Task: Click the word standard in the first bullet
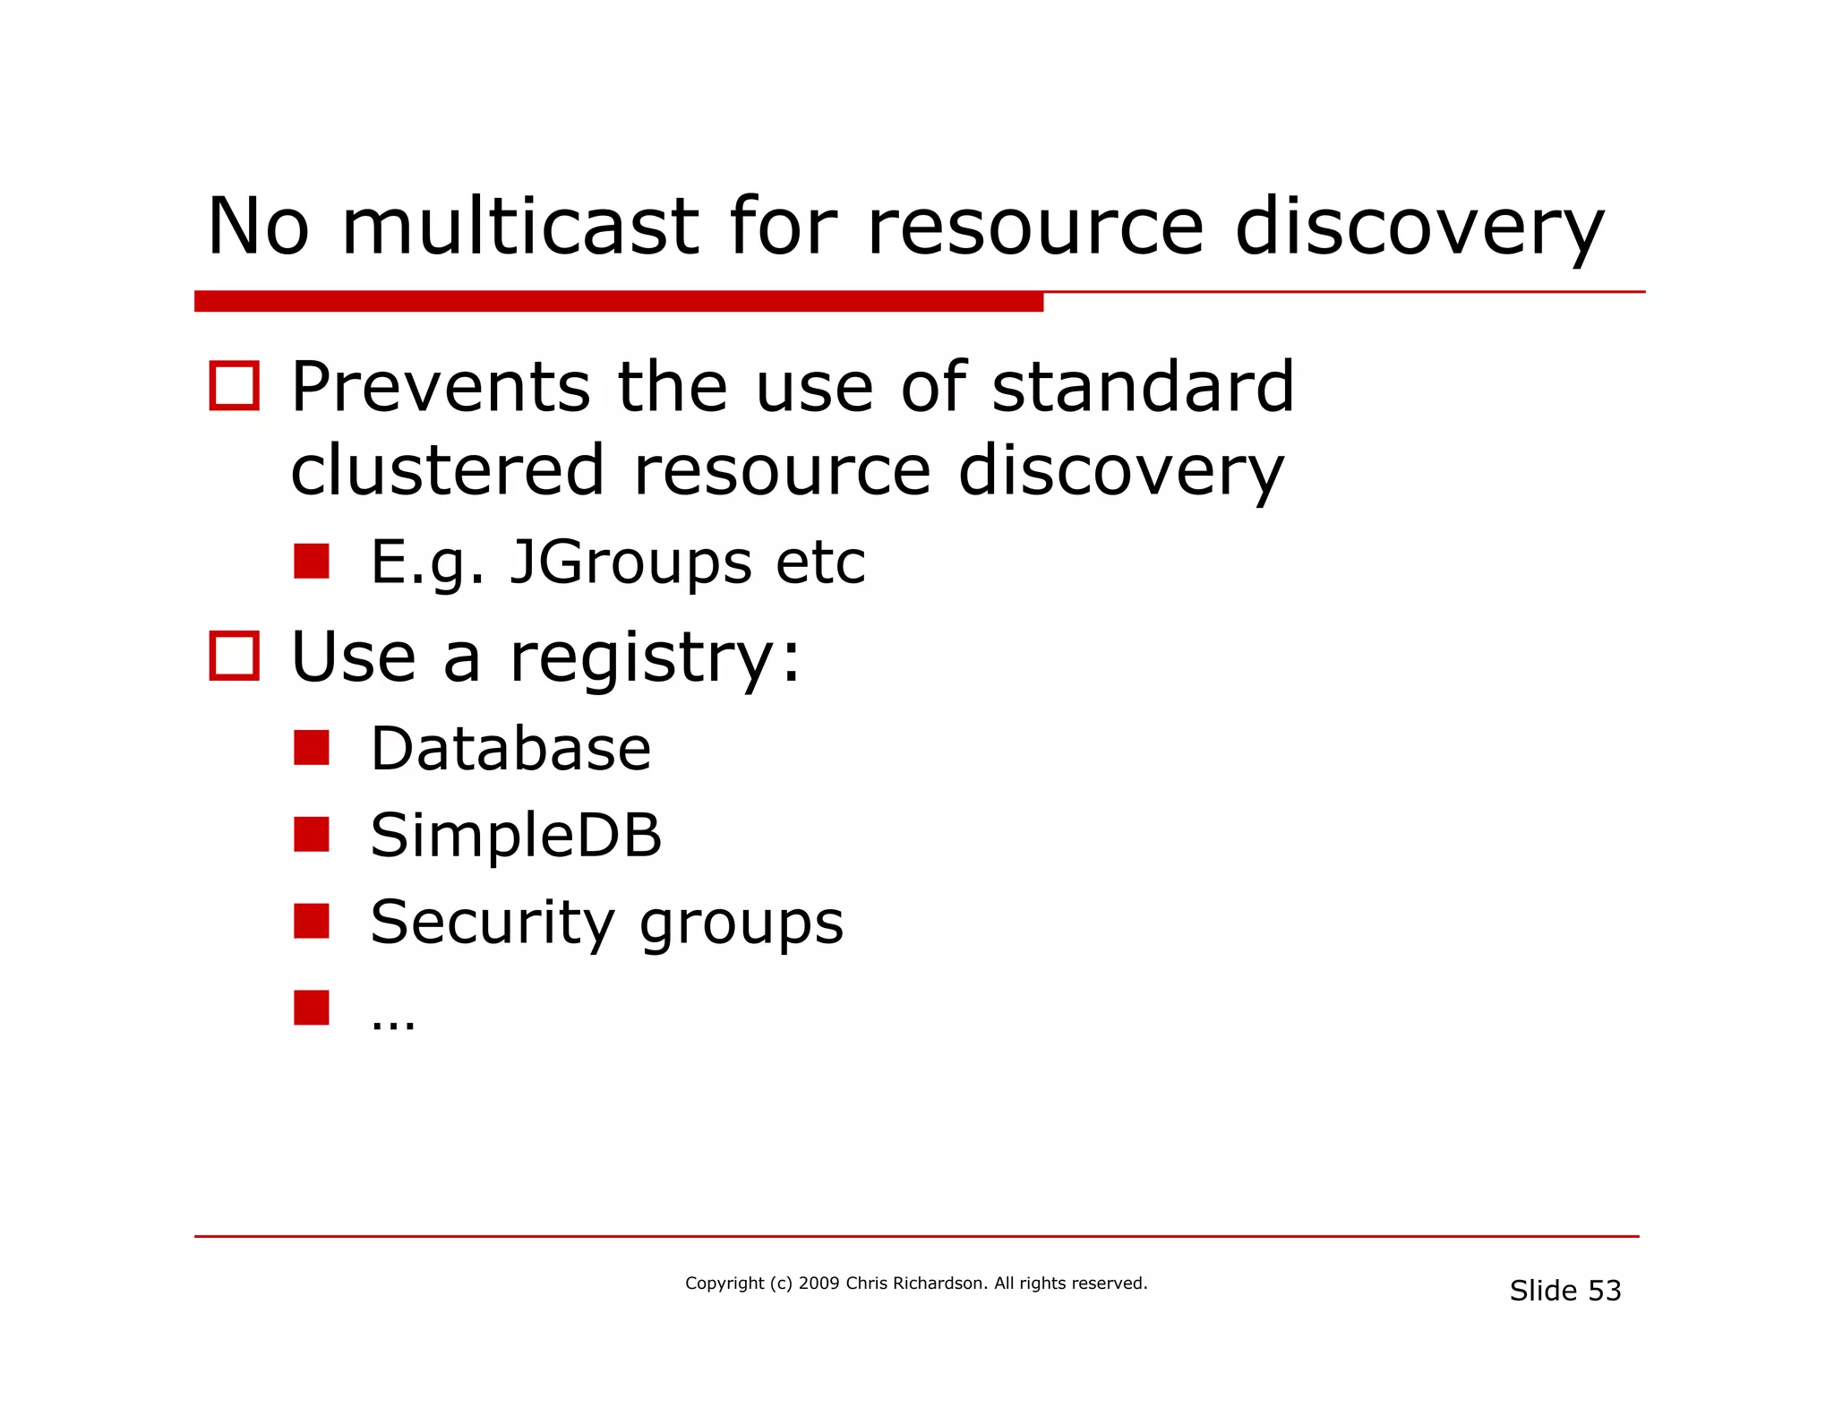point(1143,387)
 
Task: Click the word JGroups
point(630,563)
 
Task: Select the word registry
point(641,658)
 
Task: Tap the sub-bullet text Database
point(510,749)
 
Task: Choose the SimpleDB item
point(516,835)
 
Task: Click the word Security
point(493,923)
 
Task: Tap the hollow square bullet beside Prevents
point(235,386)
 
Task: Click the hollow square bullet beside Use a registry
point(235,656)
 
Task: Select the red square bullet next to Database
point(312,748)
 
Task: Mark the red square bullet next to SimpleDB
point(312,834)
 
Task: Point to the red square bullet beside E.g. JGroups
point(312,562)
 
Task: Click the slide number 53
point(1604,1291)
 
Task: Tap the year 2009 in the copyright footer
point(818,1284)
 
